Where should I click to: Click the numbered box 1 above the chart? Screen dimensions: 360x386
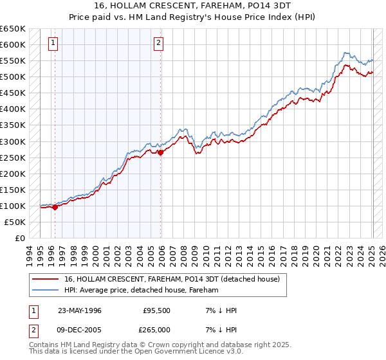52,44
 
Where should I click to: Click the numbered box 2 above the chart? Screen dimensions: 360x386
158,44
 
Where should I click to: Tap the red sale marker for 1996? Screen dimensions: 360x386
55,207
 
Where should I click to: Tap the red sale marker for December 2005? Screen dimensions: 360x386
161,152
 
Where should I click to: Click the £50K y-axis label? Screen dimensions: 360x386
15,222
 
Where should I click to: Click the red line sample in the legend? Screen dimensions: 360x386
45,280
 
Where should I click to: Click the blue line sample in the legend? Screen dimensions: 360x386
45,290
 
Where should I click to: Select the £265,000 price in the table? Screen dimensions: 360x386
156,329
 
